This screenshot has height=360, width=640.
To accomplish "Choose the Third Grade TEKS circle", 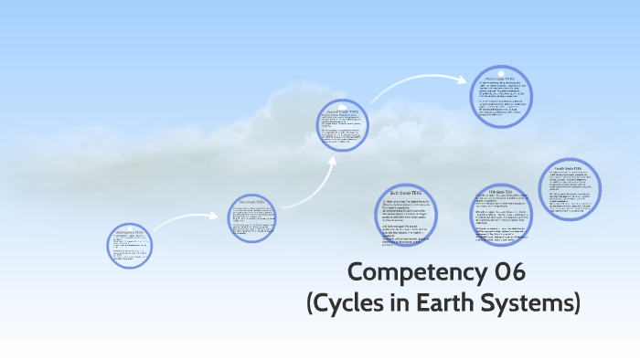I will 502,100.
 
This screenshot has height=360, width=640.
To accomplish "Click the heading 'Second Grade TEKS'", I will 342,113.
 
